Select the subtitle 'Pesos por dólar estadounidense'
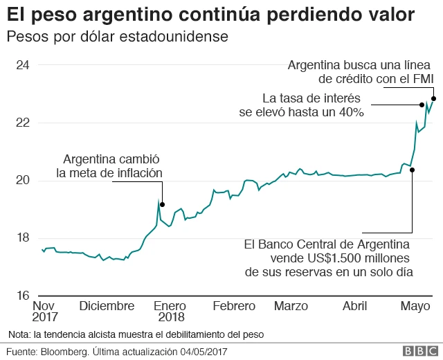point(117,35)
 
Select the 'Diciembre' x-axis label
point(107,306)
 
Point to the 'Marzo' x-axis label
point(291,306)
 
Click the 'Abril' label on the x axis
point(354,306)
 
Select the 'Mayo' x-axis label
point(415,306)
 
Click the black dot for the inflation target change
point(162,204)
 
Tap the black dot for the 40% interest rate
point(422,105)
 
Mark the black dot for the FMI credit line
point(433,98)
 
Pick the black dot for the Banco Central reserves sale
point(412,170)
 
